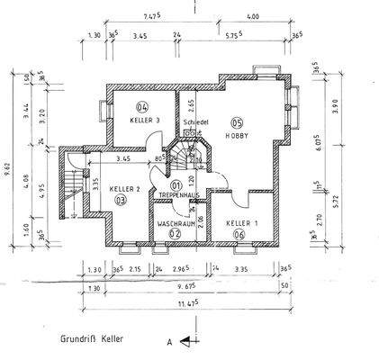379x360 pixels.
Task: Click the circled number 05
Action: pyautogui.click(x=238, y=122)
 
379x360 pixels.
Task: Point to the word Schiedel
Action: pyautogui.click(x=196, y=121)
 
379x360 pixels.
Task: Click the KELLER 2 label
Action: pyautogui.click(x=124, y=189)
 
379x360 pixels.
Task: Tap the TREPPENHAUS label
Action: pyautogui.click(x=177, y=194)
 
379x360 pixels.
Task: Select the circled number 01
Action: pyautogui.click(x=177, y=184)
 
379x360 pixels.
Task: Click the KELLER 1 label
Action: pyautogui.click(x=241, y=221)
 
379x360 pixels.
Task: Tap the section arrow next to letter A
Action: pyautogui.click(x=185, y=342)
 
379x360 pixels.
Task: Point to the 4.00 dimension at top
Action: pyautogui.click(x=253, y=15)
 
